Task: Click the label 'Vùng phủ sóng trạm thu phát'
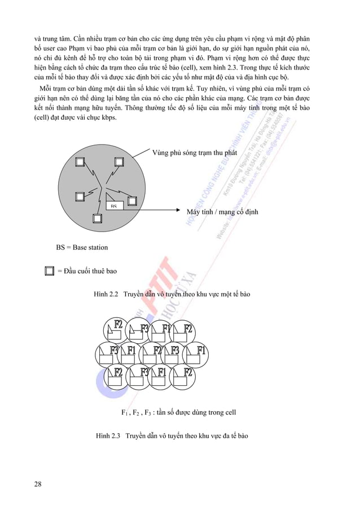pos(195,152)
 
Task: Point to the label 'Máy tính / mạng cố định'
pos(222,212)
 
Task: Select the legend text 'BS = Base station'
pos(82,247)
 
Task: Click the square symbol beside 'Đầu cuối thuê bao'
pos(49,271)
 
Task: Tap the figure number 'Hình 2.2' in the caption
pos(106,294)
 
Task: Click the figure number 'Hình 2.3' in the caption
pos(109,436)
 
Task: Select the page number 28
pos(37,484)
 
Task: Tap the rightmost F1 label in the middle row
pos(201,350)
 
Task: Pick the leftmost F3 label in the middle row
pos(115,350)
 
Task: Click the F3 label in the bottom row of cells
pos(144,372)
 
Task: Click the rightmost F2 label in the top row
pos(188,329)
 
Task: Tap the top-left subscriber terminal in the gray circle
pos(80,162)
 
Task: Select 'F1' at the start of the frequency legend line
pos(125,413)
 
